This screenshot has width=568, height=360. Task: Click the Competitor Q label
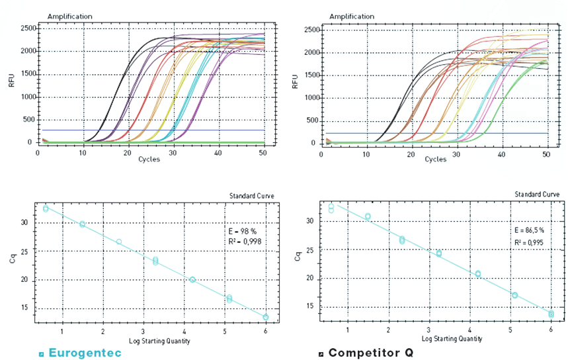(370, 353)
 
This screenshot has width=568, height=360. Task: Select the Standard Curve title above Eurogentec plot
(252, 196)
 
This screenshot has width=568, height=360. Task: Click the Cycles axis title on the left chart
(149, 160)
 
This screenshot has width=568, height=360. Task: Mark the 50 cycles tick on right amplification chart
(546, 154)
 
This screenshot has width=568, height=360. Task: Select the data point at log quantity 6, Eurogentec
(266, 317)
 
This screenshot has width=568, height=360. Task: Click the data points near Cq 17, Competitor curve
(514, 295)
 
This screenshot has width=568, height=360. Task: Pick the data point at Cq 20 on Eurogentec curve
(192, 280)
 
